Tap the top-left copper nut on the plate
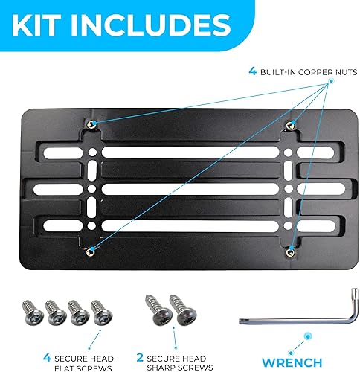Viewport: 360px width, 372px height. click(91, 124)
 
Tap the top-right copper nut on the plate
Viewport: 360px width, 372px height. click(292, 124)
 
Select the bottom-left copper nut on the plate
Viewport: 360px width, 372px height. click(91, 250)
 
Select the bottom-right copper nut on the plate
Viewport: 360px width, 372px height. click(292, 250)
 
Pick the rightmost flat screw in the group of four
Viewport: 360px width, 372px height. click(100, 309)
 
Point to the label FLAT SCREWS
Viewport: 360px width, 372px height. click(89, 366)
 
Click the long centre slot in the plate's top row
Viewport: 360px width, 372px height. click(191, 151)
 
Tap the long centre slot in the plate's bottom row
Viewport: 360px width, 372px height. click(191, 222)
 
